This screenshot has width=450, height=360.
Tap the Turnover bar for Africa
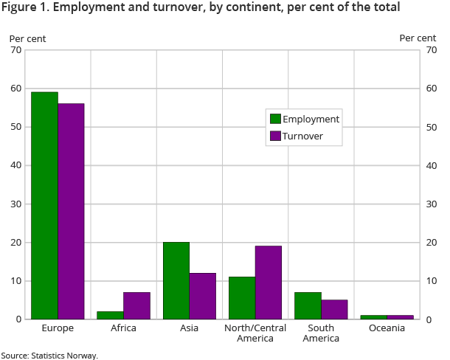click(x=136, y=305)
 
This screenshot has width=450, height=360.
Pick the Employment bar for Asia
click(x=176, y=280)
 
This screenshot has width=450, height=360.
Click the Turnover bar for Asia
click(x=202, y=296)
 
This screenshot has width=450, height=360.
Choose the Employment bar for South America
click(x=308, y=305)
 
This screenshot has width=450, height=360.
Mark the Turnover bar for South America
click(x=334, y=309)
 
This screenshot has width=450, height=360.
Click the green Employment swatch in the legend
click(x=275, y=120)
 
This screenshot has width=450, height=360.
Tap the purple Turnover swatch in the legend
click(x=275, y=136)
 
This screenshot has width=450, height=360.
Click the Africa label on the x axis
click(x=123, y=328)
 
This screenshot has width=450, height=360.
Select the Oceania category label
click(x=387, y=328)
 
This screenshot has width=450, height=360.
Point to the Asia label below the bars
click(x=189, y=328)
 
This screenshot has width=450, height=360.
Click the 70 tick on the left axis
click(x=15, y=50)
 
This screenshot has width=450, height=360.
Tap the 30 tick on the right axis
click(x=432, y=204)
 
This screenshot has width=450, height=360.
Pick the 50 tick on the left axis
click(x=15, y=127)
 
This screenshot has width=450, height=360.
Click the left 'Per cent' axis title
click(x=27, y=38)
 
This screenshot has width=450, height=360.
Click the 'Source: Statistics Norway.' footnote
click(x=49, y=355)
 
